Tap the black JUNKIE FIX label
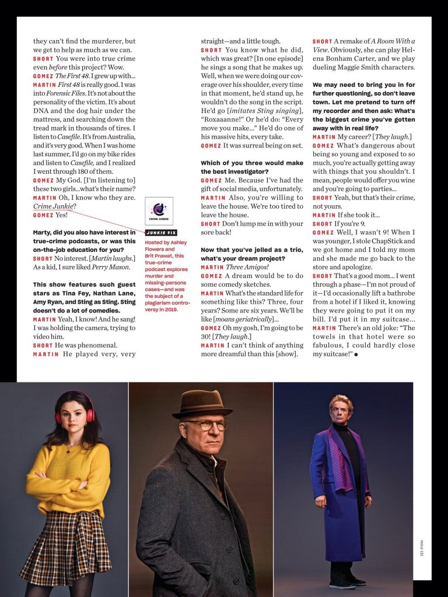[x=159, y=233]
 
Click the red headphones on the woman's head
[x=75, y=408]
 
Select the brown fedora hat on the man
[x=202, y=404]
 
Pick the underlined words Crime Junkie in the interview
[x=54, y=206]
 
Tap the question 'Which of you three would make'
[x=251, y=163]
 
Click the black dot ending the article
[x=355, y=355]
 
